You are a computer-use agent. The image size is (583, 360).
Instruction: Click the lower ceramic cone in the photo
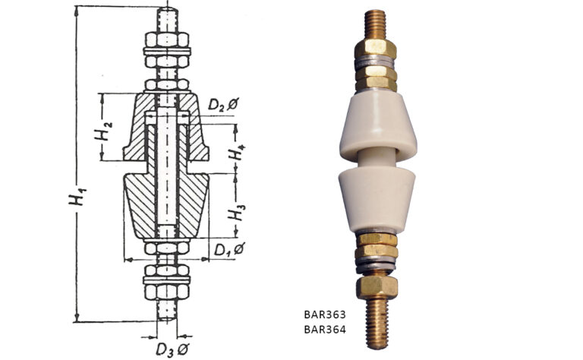click(374, 199)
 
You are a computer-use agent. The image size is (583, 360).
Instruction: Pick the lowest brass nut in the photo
click(377, 286)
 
